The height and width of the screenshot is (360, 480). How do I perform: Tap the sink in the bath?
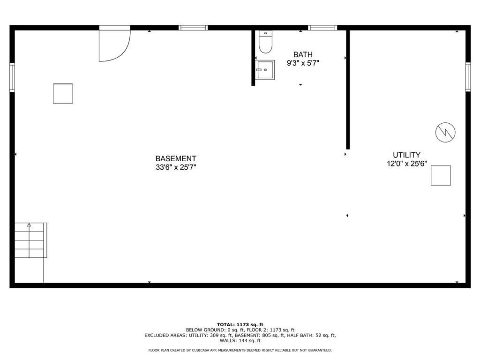tap(265, 70)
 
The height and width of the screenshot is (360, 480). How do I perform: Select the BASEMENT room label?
tap(176, 158)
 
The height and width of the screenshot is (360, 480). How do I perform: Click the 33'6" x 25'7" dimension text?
tap(176, 167)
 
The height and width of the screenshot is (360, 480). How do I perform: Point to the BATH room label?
tap(303, 54)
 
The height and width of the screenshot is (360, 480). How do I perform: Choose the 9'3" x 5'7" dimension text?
tap(303, 63)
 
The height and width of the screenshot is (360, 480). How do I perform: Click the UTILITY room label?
tap(406, 155)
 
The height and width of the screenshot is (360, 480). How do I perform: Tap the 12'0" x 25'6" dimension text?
tap(406, 164)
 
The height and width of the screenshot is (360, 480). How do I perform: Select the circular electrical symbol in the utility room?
tap(445, 132)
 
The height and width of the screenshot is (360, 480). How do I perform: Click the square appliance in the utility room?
tap(441, 175)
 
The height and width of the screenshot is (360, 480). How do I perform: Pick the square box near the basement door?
tap(63, 93)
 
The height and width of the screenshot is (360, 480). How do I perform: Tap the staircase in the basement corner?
tap(30, 240)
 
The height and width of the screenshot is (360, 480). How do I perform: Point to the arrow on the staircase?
tap(29, 240)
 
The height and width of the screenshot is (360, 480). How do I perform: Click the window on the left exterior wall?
tap(12, 77)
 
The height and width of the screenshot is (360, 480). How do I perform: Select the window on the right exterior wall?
tap(468, 77)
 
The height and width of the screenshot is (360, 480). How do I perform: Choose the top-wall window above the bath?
tap(322, 28)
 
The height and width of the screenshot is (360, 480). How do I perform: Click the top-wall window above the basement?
tap(193, 28)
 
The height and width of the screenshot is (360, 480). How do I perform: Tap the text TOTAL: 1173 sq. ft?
tap(240, 324)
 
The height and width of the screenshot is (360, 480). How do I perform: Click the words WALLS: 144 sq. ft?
tap(240, 340)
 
